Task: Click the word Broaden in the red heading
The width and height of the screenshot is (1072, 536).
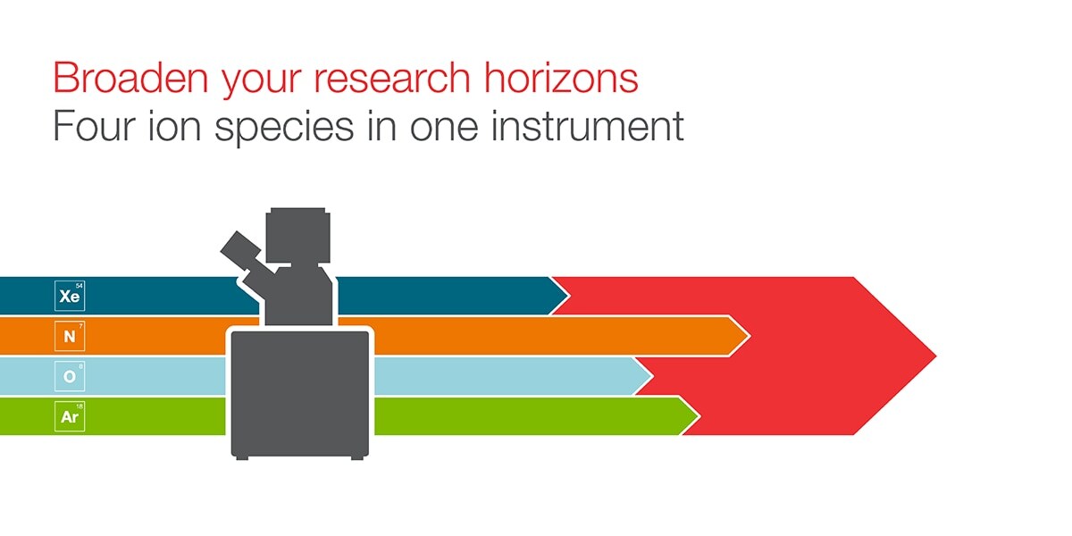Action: tap(130, 77)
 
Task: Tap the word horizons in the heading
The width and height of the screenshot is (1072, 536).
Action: tap(561, 77)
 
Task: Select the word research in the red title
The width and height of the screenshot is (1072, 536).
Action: tap(392, 78)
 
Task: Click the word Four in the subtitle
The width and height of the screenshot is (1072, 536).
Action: tap(95, 125)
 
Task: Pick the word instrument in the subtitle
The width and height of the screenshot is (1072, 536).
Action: tap(588, 125)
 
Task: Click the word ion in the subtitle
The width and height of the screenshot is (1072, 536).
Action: tap(175, 125)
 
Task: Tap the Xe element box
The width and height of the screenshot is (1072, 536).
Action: tap(70, 296)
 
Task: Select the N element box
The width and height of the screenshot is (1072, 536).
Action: tap(70, 336)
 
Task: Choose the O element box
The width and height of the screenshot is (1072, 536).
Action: tap(70, 376)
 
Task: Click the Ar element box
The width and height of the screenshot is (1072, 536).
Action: tap(70, 416)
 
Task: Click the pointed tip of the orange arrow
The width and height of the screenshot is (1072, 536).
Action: tap(749, 336)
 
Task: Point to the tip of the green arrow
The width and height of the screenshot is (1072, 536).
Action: tap(699, 416)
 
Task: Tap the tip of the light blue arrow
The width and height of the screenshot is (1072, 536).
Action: tap(652, 376)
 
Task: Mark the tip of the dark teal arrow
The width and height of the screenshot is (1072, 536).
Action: tap(568, 296)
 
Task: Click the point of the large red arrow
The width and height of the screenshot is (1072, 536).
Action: tap(936, 356)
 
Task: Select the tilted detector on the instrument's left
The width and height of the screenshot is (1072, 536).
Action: tap(240, 251)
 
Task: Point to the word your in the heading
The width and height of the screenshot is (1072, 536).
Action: tap(261, 81)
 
